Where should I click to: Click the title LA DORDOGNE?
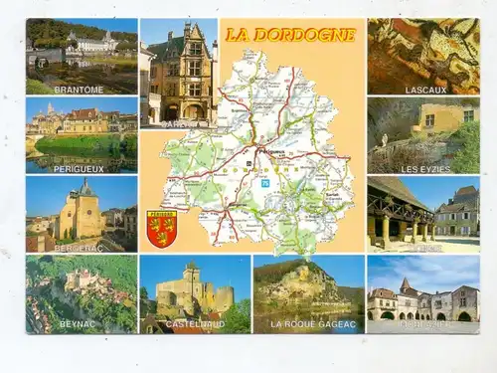289,35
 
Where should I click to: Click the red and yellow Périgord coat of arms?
161,228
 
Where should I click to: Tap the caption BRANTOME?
80,89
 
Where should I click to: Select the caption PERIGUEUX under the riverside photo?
80,168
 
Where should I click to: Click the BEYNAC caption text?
78,324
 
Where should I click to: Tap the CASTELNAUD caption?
194,324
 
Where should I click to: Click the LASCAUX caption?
425,89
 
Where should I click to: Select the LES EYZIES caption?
425,168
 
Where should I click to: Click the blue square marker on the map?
265,183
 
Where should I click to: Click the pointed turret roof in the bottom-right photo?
406,285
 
